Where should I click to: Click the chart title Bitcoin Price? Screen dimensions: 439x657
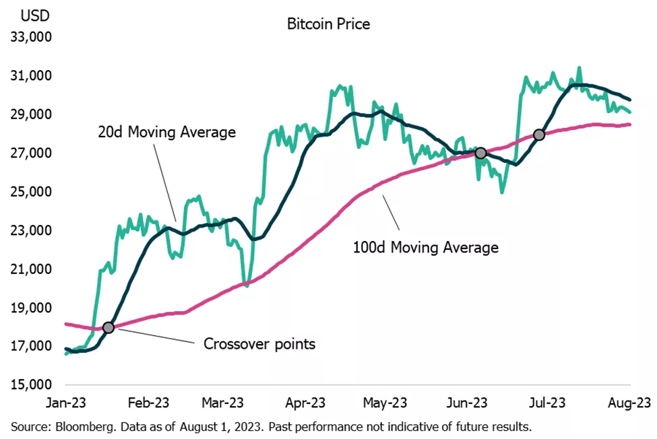329,25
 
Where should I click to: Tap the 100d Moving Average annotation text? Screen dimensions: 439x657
426,248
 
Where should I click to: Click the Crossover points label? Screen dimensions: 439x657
259,344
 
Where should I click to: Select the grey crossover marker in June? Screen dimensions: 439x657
480,153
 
